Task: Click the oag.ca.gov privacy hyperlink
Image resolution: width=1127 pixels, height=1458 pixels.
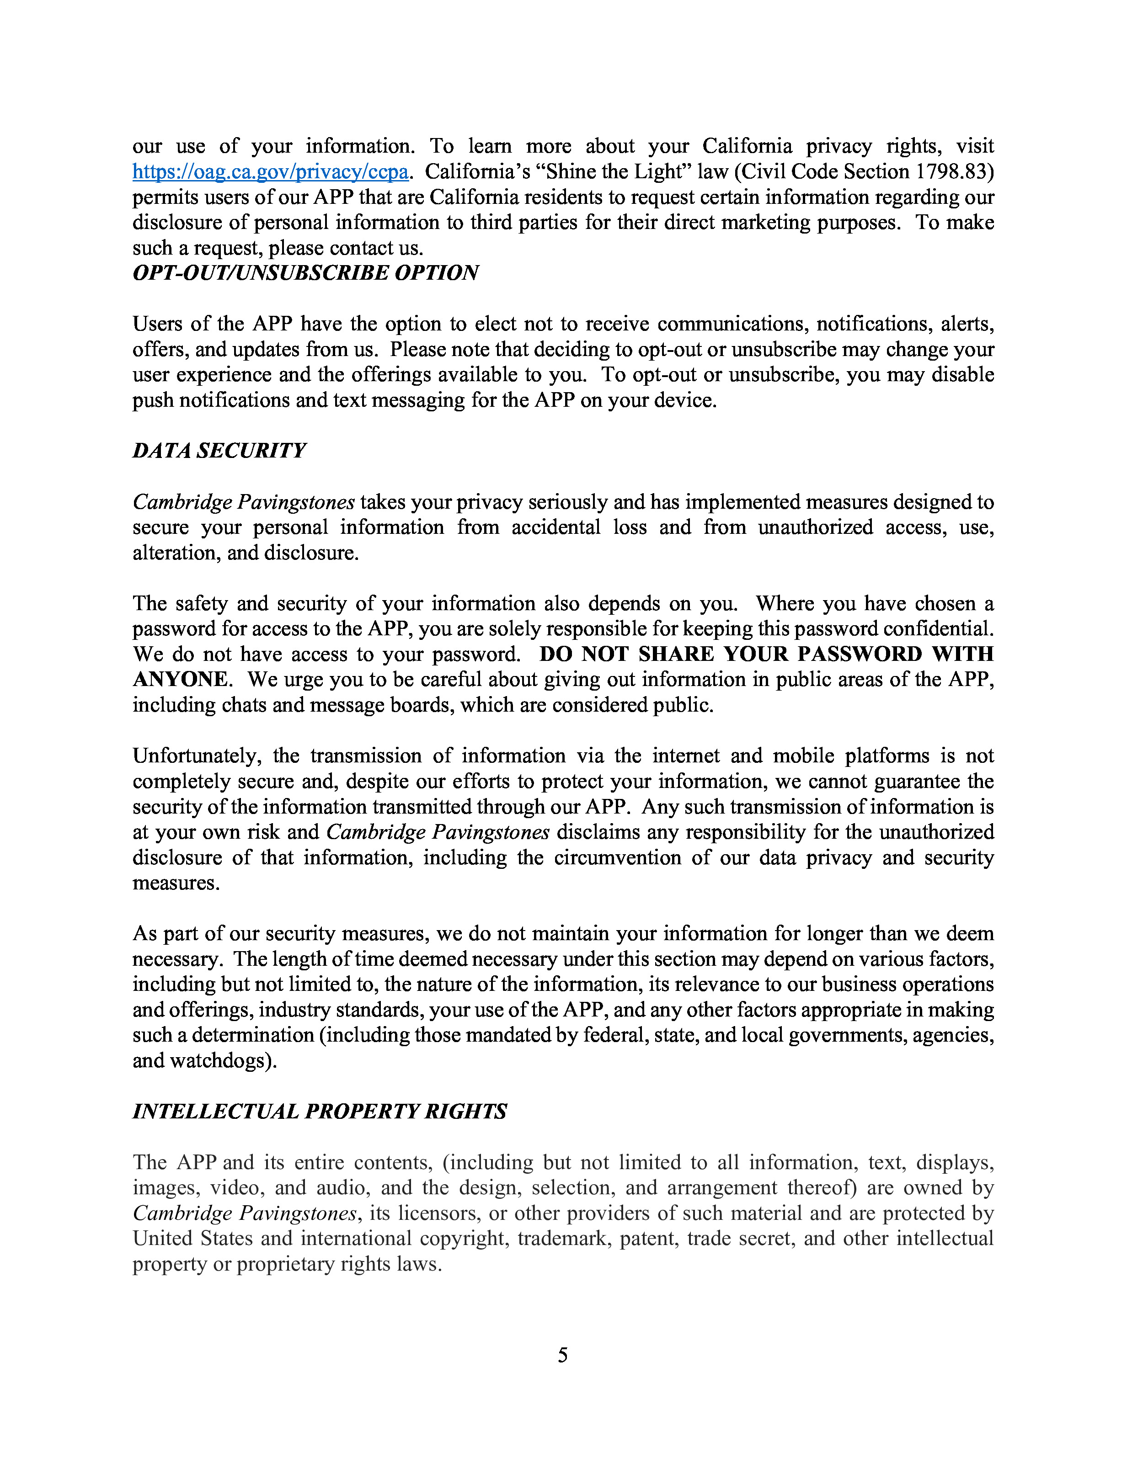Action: pos(270,172)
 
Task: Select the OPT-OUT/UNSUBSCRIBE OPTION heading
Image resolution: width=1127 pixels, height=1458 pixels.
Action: pos(305,273)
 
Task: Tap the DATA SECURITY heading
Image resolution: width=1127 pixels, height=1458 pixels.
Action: pos(219,451)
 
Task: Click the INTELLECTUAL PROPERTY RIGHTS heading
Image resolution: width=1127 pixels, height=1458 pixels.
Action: pos(319,1112)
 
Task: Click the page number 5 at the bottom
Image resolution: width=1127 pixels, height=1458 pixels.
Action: pos(563,1355)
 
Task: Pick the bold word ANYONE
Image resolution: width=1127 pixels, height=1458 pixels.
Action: pos(181,680)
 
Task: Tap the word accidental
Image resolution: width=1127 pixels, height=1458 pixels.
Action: pos(556,527)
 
